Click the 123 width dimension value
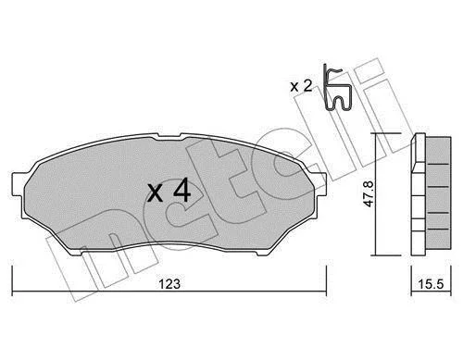click(169, 284)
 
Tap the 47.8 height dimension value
click(369, 193)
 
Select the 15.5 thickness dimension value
click(431, 284)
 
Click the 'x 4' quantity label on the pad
click(169, 192)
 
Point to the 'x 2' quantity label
click(301, 86)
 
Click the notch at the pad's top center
click(169, 136)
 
